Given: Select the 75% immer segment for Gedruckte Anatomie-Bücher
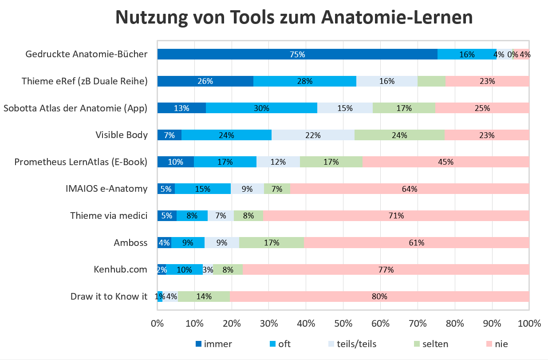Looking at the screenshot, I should click(x=297, y=55).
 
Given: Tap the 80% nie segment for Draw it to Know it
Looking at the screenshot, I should click(x=379, y=297).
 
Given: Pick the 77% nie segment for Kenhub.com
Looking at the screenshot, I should click(x=386, y=269).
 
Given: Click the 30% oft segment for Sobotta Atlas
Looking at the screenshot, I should click(x=261, y=108).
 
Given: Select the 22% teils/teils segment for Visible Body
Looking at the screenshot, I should click(x=313, y=135).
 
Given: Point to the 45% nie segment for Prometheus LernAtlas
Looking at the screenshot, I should click(x=445, y=162).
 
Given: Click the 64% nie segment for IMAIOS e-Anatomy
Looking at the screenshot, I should click(x=410, y=189).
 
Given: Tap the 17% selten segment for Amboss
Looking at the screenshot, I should click(x=272, y=243).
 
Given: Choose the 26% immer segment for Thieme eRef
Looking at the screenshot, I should click(x=205, y=81).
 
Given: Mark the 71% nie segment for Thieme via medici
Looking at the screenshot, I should click(x=396, y=216).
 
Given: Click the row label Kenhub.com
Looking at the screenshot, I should click(x=120, y=269).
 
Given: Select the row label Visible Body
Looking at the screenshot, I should click(x=122, y=135).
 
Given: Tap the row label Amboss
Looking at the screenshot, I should click(x=130, y=243).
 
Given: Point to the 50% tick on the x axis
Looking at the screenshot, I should click(x=343, y=324).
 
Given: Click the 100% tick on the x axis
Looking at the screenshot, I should click(x=529, y=324).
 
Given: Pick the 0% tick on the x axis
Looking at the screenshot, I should click(x=158, y=324).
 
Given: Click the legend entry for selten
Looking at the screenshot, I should click(x=430, y=344).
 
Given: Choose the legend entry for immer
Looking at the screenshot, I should click(x=213, y=344).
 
